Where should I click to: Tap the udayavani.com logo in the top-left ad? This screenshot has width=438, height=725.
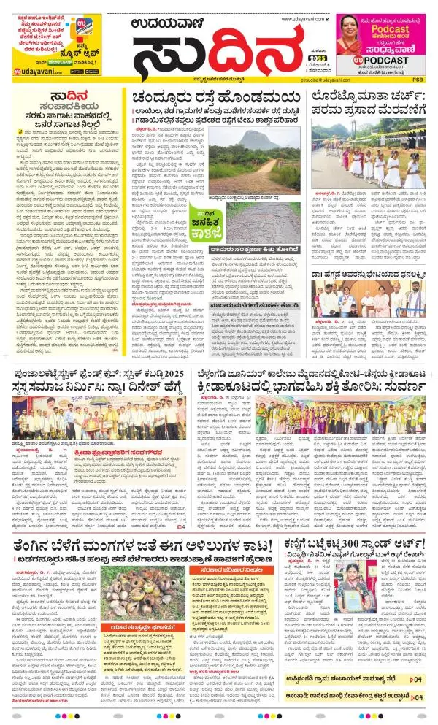click(x=34, y=70)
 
